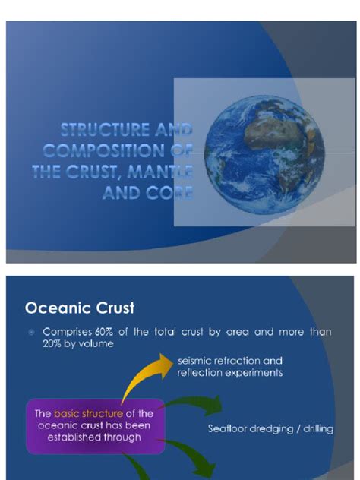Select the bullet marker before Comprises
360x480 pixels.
31,333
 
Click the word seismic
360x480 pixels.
194,361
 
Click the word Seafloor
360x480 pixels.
230,430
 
